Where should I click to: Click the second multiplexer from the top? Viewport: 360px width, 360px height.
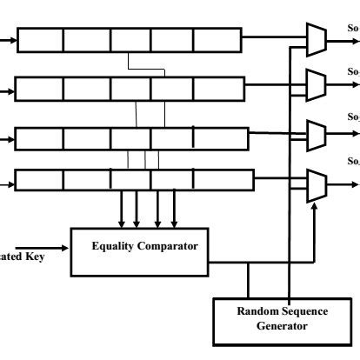[x=317, y=85]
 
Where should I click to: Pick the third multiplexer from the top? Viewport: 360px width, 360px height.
[x=317, y=135]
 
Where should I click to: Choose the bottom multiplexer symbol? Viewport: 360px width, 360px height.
[x=317, y=185]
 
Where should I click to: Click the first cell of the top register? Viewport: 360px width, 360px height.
[x=40, y=40]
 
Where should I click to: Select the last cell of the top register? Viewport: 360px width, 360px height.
[x=216, y=40]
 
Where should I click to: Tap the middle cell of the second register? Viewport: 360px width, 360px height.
[x=128, y=89]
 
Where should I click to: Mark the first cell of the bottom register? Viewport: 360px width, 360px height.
[x=40, y=180]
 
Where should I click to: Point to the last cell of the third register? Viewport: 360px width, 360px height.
[x=221, y=138]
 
